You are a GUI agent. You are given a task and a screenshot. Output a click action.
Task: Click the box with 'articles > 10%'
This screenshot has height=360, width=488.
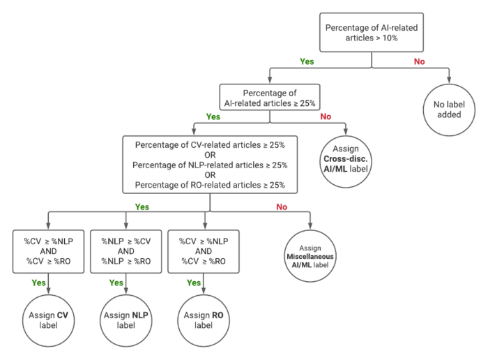click(372, 32)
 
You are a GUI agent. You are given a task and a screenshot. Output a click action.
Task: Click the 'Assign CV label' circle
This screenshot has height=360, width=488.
click(48, 320)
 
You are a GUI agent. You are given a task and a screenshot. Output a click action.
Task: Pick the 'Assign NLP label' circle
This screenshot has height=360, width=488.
click(126, 320)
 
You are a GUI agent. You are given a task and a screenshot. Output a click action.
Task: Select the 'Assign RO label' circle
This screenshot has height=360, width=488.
click(205, 320)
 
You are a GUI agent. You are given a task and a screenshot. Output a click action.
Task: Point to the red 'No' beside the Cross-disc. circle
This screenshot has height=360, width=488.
click(326, 116)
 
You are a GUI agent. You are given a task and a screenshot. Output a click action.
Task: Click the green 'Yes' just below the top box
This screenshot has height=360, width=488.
click(307, 61)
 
